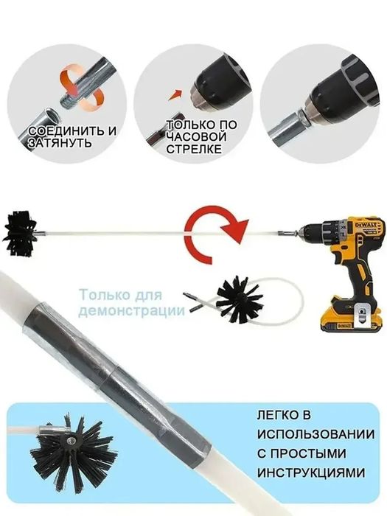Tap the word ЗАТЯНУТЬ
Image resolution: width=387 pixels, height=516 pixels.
click(x=61, y=144)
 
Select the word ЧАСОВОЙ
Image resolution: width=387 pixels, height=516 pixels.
click(x=192, y=138)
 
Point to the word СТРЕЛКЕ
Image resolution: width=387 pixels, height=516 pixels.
click(x=192, y=150)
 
